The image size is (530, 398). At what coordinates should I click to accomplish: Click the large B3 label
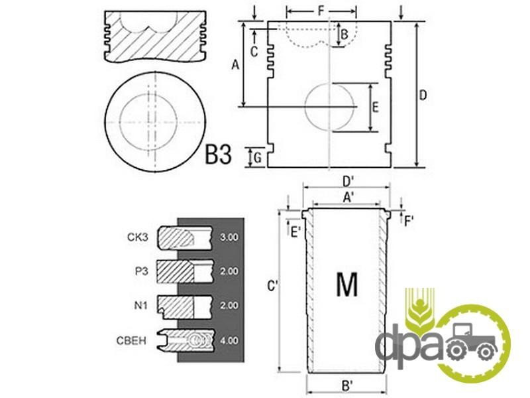pyautogui.click(x=219, y=155)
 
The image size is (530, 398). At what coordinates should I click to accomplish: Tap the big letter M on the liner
pyautogui.click(x=346, y=285)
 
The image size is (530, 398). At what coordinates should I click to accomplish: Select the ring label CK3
pyautogui.click(x=138, y=237)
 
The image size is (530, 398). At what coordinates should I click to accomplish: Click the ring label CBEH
pyautogui.click(x=131, y=340)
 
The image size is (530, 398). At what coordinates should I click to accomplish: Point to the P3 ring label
pyautogui.click(x=141, y=271)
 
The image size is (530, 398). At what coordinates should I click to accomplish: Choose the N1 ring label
pyautogui.click(x=141, y=306)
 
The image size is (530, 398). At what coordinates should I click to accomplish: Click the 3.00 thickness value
pyautogui.click(x=229, y=237)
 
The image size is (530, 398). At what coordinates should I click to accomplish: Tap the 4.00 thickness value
pyautogui.click(x=229, y=340)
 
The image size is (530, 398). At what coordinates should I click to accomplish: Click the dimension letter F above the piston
pyautogui.click(x=321, y=11)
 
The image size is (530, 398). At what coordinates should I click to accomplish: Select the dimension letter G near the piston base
pyautogui.click(x=258, y=158)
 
